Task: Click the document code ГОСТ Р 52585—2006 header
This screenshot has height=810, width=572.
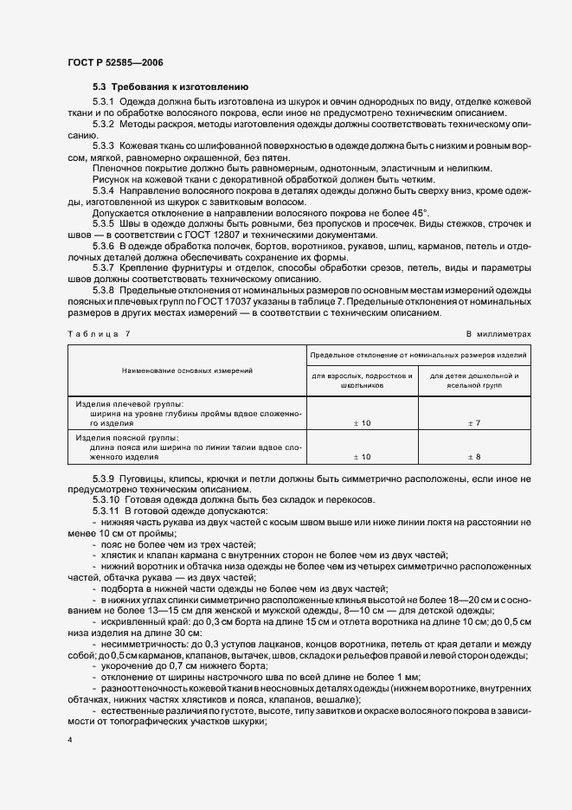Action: click(x=114, y=63)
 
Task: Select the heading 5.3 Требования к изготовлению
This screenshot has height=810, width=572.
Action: click(x=170, y=87)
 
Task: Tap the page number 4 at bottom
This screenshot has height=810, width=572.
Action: click(x=68, y=741)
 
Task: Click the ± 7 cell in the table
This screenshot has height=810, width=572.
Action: click(x=474, y=422)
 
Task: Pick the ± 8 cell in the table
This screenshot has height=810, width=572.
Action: click(x=474, y=456)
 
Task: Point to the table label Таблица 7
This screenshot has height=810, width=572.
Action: click(x=99, y=333)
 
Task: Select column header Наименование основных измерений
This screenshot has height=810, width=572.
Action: click(x=188, y=370)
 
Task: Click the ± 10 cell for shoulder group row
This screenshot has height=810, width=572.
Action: click(x=362, y=422)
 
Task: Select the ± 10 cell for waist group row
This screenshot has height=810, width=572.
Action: click(x=362, y=456)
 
